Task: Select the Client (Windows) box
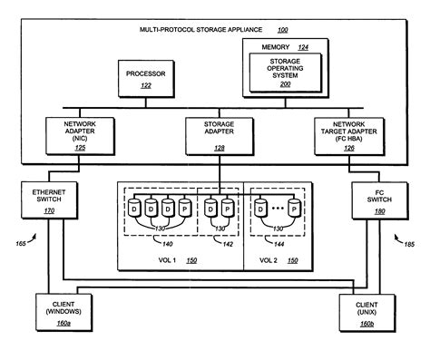pos(58,315)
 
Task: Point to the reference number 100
pos(282,30)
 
